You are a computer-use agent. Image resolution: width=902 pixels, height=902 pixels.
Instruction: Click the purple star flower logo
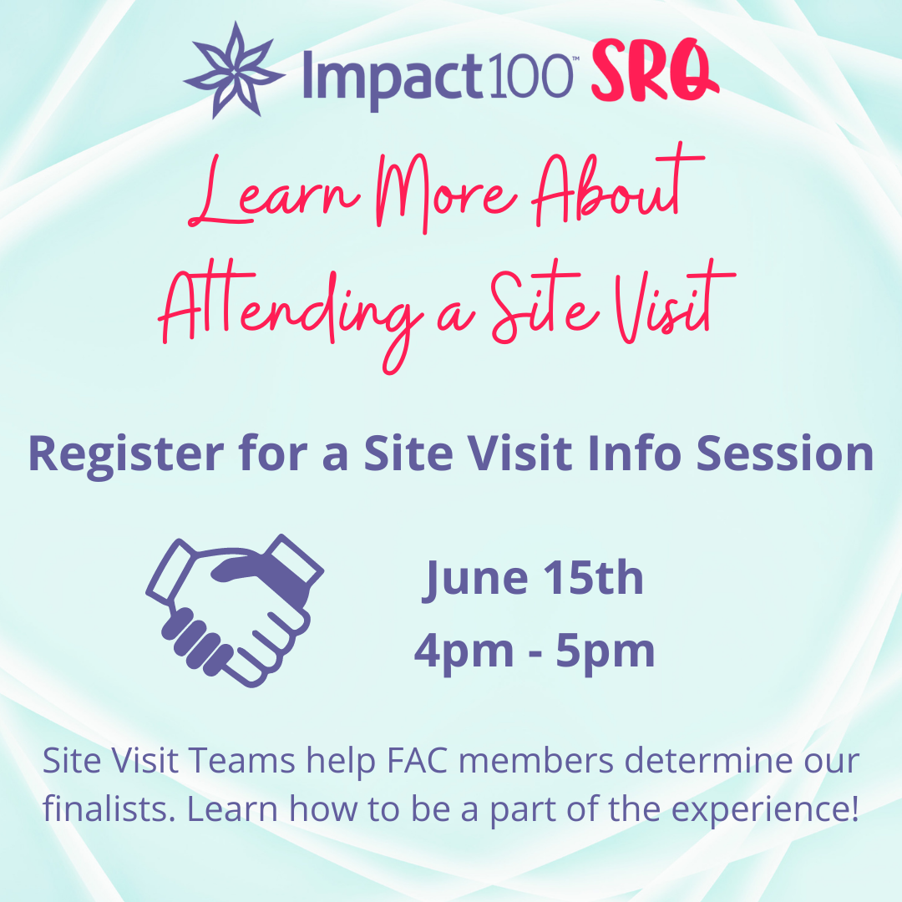click(x=234, y=71)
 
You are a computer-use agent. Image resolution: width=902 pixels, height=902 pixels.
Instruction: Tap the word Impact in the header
click(x=392, y=77)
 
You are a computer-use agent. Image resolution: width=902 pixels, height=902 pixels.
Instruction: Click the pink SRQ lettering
click(x=654, y=71)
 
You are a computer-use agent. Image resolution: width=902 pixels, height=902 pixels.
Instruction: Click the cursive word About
click(x=618, y=185)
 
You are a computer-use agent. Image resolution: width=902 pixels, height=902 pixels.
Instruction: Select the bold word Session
click(x=785, y=454)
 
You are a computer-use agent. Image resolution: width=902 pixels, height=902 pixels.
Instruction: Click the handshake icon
click(x=235, y=611)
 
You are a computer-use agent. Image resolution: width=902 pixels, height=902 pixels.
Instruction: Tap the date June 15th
click(x=533, y=579)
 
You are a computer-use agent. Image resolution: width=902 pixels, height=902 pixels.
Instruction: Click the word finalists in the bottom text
click(x=109, y=808)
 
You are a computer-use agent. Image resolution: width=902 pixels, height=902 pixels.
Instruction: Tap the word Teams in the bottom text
click(x=242, y=761)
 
